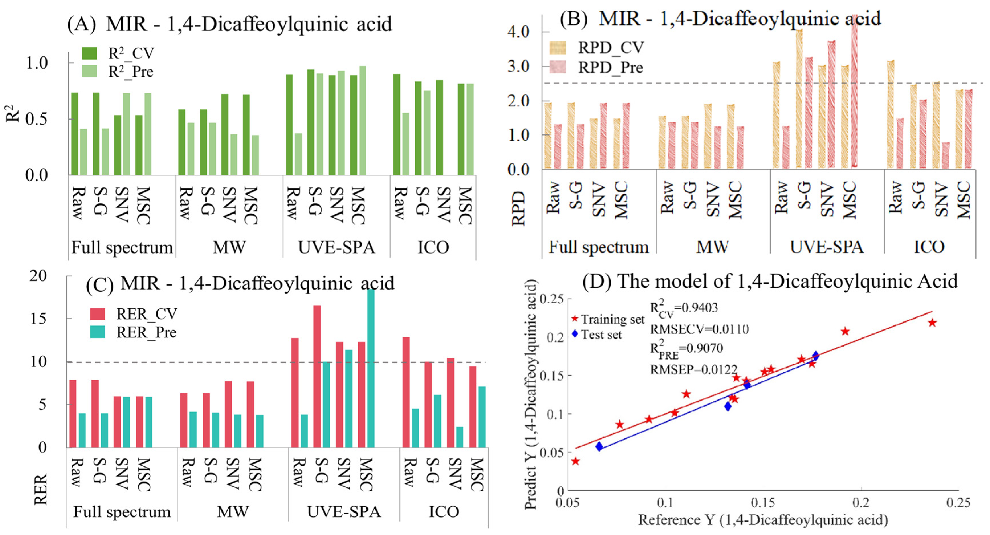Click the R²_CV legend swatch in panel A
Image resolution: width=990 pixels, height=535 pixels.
click(x=89, y=53)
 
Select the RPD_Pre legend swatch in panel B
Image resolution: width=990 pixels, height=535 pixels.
click(x=558, y=67)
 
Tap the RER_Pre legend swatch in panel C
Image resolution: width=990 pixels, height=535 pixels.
click(x=98, y=332)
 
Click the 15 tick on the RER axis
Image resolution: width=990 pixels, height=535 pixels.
click(x=38, y=318)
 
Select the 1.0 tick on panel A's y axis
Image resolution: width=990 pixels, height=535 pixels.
click(x=36, y=63)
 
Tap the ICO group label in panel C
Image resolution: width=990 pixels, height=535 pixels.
click(x=444, y=512)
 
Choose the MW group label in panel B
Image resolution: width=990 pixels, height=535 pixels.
click(x=712, y=247)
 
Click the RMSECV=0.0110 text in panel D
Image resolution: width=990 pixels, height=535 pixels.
click(x=699, y=329)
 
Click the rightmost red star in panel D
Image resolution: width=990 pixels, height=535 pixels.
click(x=932, y=323)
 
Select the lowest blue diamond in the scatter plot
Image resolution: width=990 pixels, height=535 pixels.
click(x=599, y=446)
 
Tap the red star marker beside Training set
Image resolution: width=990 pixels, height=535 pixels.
click(x=575, y=319)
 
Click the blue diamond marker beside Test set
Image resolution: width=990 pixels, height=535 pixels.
click(x=575, y=334)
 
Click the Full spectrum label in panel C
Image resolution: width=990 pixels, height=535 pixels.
click(x=122, y=512)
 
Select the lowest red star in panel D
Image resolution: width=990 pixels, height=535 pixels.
click(x=575, y=461)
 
